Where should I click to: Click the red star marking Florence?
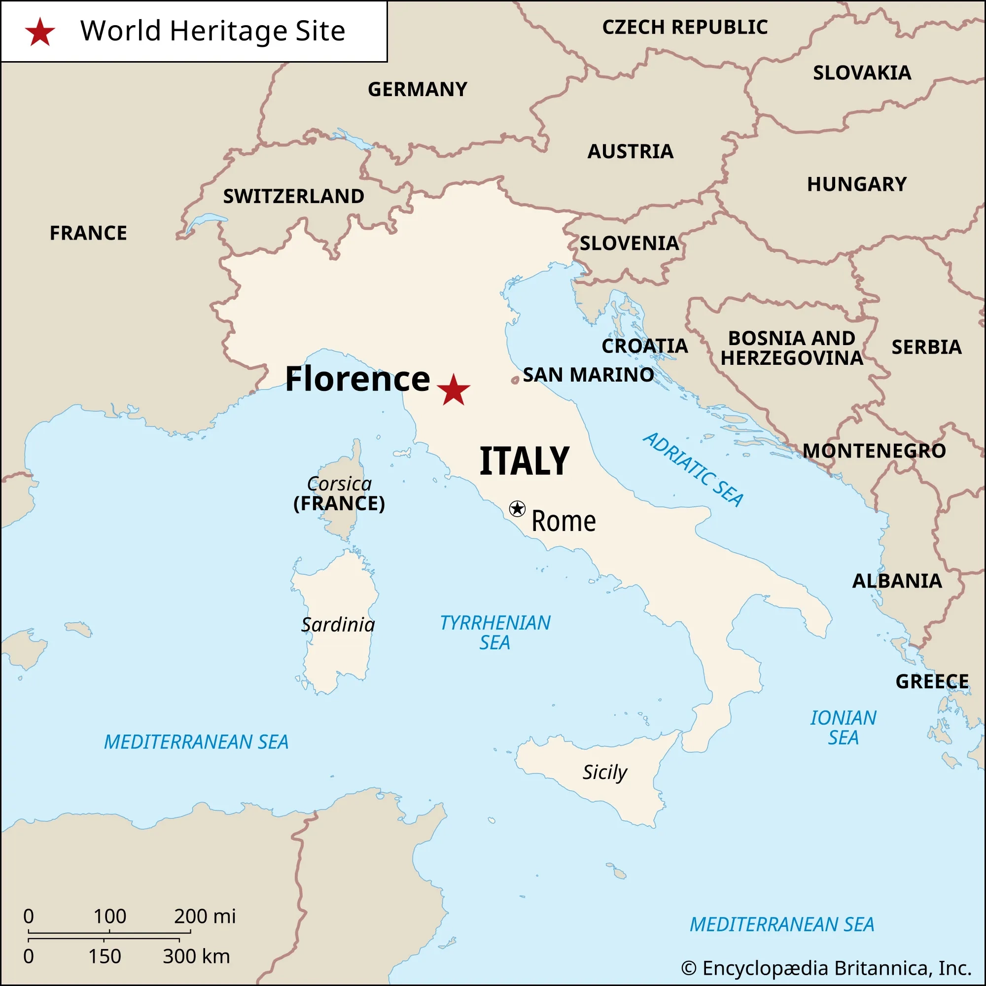click(x=453, y=390)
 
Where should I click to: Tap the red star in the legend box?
click(x=40, y=32)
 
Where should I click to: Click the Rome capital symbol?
click(x=517, y=508)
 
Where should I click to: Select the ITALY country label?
click(x=524, y=461)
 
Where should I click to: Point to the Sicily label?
click(x=605, y=773)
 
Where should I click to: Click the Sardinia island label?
click(x=338, y=625)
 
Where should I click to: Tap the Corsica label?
click(x=339, y=483)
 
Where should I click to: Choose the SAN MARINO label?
click(x=588, y=375)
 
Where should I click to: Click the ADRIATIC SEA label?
click(x=693, y=470)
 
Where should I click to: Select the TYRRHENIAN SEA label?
click(x=495, y=633)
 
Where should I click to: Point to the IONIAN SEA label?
click(x=843, y=727)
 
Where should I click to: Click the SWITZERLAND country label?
click(x=293, y=197)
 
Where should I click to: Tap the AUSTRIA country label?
click(x=630, y=151)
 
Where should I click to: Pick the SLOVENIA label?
click(x=629, y=244)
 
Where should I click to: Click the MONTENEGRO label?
click(x=874, y=451)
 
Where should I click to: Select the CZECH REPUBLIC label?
click(x=685, y=27)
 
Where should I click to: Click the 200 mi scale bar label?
click(x=205, y=916)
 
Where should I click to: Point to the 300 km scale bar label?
click(x=197, y=956)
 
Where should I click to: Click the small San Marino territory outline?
click(x=515, y=380)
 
